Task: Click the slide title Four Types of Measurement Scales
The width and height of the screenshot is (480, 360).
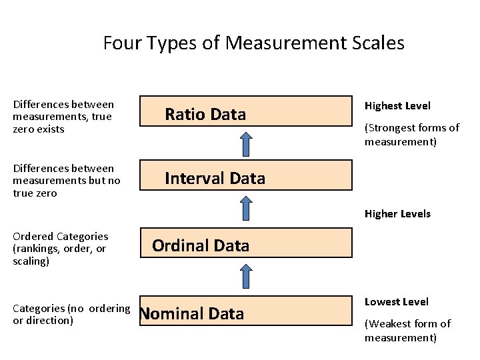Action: point(253,43)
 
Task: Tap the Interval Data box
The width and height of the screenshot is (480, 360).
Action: point(245,177)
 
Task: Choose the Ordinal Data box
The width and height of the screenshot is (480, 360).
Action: point(245,245)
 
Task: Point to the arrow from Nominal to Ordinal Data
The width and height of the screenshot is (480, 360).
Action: point(246,277)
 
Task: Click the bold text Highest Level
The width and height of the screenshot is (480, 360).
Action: point(397,106)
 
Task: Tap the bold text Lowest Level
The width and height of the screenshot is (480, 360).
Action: point(397,302)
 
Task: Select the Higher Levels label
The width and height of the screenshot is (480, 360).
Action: point(397,214)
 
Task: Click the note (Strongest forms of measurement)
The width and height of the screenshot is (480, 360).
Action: point(411,135)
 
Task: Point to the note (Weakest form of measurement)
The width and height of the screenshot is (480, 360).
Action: point(407,331)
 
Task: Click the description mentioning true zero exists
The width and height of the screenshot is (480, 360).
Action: point(63,117)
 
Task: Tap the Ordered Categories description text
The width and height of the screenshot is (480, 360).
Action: point(60,249)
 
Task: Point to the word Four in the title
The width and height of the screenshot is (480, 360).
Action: point(121,43)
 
